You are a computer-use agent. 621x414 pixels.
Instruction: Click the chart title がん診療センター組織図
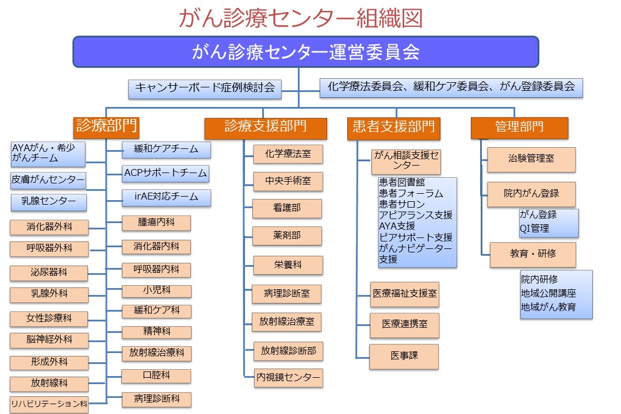(x=301, y=18)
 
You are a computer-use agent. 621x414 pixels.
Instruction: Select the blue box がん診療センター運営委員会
(x=305, y=52)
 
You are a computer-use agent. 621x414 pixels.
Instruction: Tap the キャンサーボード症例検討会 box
(x=205, y=89)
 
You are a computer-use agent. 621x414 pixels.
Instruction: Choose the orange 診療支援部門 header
(x=265, y=126)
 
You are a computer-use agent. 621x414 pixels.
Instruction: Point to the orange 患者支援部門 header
(x=393, y=126)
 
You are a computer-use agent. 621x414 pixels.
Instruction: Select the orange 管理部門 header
(x=519, y=126)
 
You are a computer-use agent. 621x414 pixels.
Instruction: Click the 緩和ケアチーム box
(x=166, y=149)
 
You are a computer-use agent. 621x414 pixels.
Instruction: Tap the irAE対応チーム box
(x=166, y=197)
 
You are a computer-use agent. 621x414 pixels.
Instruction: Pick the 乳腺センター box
(x=49, y=202)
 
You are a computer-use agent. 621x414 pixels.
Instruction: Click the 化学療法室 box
(x=287, y=154)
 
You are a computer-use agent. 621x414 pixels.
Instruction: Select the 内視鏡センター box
(x=289, y=378)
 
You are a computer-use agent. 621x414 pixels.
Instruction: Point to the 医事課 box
(x=404, y=356)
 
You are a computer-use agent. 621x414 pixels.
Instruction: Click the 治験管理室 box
(x=531, y=159)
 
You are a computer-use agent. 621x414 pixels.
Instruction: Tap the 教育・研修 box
(x=532, y=254)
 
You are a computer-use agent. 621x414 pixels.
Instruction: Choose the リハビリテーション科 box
(x=49, y=404)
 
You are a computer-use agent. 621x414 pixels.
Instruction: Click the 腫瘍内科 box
(x=156, y=224)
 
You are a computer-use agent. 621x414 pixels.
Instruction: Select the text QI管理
(x=534, y=228)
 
